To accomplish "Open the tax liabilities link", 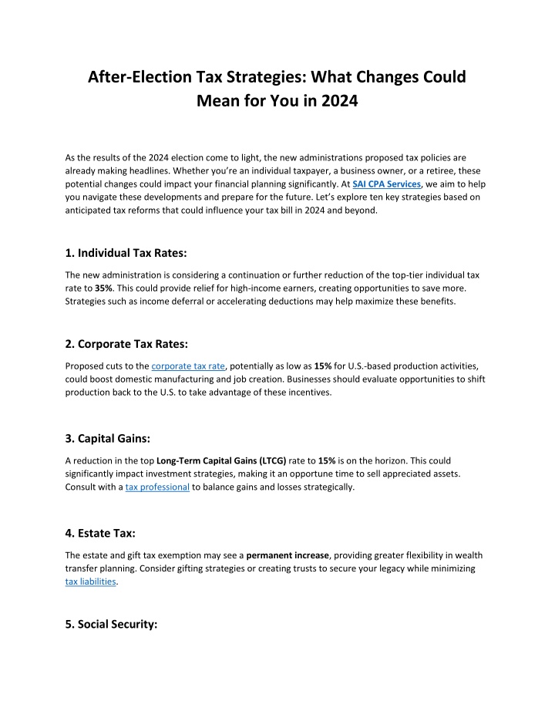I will [91, 582].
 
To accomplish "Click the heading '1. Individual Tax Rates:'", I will [123, 251].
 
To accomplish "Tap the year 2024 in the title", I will [336, 100].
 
